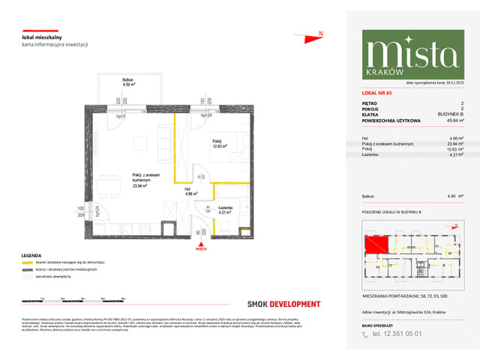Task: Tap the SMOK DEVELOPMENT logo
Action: (283, 304)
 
